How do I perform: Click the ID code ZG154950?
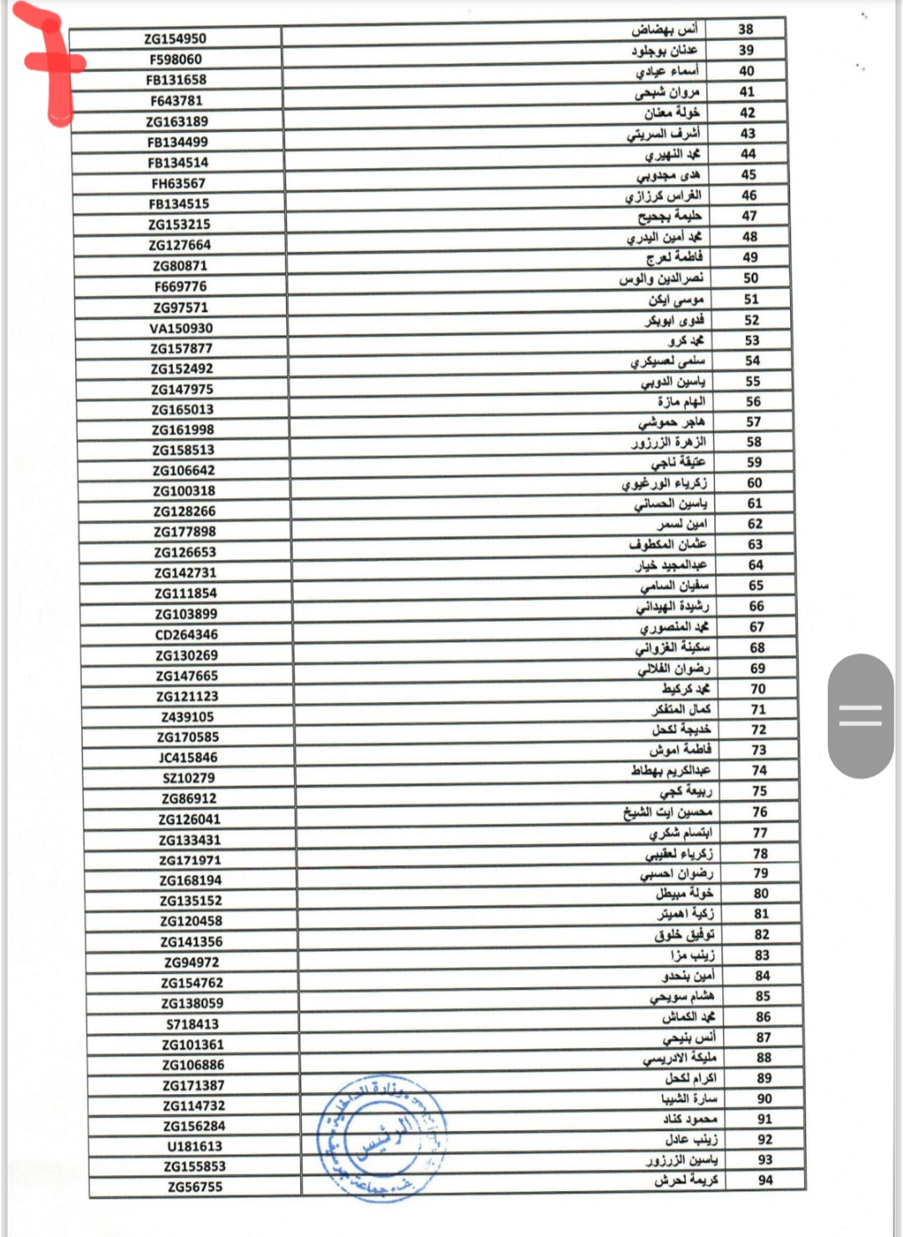(x=175, y=38)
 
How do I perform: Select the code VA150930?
(x=181, y=328)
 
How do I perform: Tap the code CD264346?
(x=186, y=634)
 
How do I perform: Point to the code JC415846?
(x=187, y=757)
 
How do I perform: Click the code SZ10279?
(x=188, y=777)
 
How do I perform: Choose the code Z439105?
(x=187, y=716)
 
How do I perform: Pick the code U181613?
(x=194, y=1146)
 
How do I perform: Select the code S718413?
(x=192, y=1024)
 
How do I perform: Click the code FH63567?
(x=178, y=183)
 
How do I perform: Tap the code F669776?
(x=180, y=286)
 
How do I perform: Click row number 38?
(x=746, y=29)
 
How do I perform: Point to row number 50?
(x=751, y=277)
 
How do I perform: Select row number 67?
(x=757, y=626)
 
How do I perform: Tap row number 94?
(x=765, y=1180)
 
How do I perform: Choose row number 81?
(x=761, y=914)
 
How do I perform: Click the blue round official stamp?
(x=381, y=1138)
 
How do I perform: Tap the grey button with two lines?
(x=860, y=715)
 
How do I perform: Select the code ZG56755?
(x=195, y=1187)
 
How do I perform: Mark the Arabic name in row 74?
(x=671, y=770)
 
